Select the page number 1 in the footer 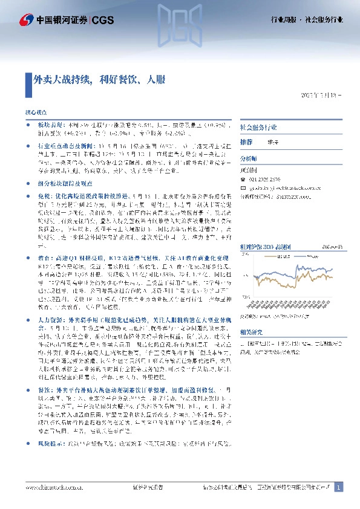click(339, 487)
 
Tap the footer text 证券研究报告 click(147, 487)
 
